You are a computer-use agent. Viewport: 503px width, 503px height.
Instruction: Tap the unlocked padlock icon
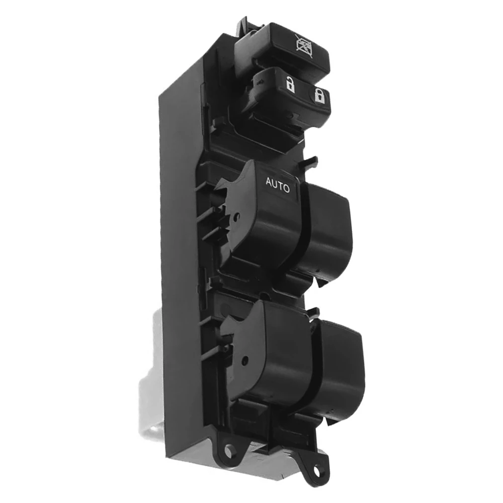point(290,85)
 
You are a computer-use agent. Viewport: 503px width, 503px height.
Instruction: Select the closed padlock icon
point(319,96)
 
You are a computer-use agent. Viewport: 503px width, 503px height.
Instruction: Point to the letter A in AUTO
point(269,182)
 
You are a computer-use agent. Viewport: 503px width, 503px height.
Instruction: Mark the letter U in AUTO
point(274,184)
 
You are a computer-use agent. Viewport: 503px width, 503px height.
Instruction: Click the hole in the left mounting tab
point(229,451)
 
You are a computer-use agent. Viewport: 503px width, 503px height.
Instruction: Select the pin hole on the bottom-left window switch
point(245,360)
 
